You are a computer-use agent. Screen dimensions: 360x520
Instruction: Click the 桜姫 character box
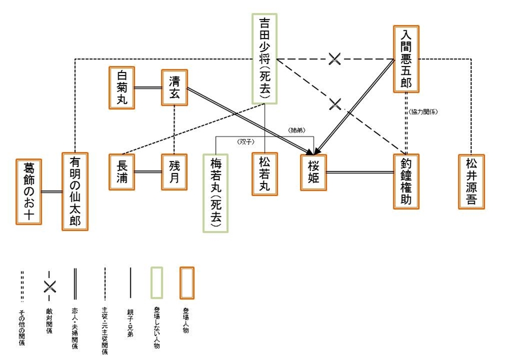point(313,173)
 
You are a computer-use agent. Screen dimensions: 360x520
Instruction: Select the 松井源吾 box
point(471,181)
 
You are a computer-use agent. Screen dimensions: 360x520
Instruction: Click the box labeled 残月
point(174,173)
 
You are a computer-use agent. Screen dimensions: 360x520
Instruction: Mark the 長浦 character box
point(122,173)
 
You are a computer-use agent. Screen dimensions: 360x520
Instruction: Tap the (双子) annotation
point(245,141)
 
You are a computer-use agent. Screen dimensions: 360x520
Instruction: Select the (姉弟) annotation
point(296,130)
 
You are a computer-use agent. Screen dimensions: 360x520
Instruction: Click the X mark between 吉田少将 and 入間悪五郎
point(335,58)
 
